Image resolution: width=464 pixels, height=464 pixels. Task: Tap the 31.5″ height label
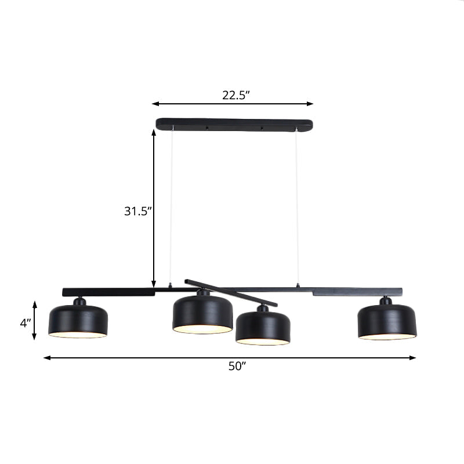pyautogui.click(x=137, y=211)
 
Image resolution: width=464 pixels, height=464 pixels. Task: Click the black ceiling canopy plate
pyautogui.click(x=234, y=124)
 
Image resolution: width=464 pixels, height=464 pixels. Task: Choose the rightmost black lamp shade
pyautogui.click(x=387, y=321)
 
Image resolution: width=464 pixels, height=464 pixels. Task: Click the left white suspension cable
pyautogui.click(x=171, y=209)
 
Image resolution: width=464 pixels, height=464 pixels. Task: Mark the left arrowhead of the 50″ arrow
pyautogui.click(x=46, y=358)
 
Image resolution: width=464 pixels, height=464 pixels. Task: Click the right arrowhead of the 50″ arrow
pyautogui.click(x=414, y=358)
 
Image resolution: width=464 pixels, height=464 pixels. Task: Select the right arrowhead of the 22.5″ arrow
pyautogui.click(x=310, y=104)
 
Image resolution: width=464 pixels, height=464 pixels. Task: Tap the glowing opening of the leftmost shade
pyautogui.click(x=78, y=335)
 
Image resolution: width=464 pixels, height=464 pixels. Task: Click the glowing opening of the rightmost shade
pyautogui.click(x=387, y=336)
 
